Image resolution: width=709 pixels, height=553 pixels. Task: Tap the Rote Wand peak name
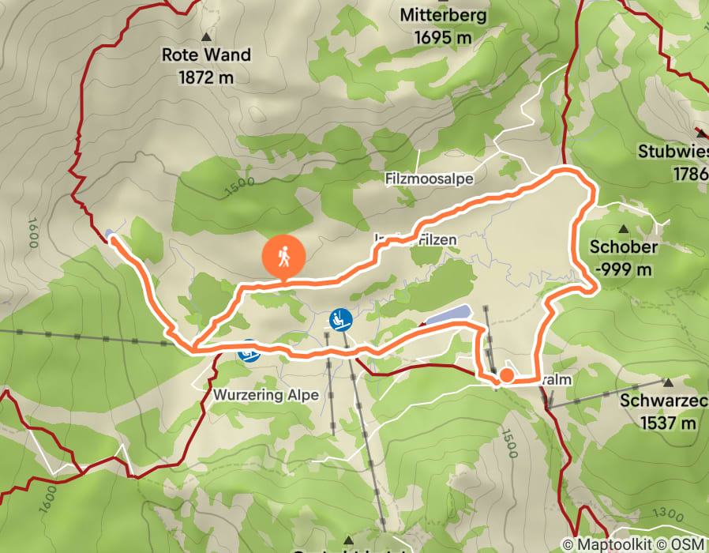(x=206, y=55)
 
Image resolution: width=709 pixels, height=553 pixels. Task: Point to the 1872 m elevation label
(x=206, y=77)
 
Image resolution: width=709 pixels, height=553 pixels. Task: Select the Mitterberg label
(x=443, y=15)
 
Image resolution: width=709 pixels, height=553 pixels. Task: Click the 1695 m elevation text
(x=443, y=37)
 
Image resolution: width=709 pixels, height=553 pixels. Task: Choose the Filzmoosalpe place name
(x=429, y=179)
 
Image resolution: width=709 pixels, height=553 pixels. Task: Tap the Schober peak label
(x=624, y=246)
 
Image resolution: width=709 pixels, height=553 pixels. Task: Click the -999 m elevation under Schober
(x=624, y=269)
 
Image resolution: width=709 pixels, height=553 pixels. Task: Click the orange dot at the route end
(x=505, y=375)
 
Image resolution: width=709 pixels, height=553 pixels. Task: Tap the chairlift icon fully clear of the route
(x=340, y=319)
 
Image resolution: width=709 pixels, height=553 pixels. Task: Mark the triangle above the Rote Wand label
(x=207, y=36)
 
